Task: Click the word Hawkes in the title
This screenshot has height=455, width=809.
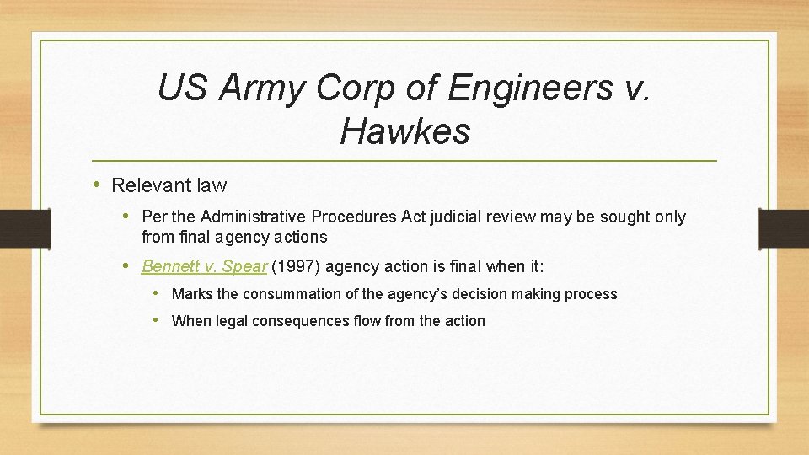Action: coord(404,131)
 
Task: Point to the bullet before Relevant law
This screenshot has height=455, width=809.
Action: coord(98,184)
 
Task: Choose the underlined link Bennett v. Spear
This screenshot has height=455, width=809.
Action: coord(204,267)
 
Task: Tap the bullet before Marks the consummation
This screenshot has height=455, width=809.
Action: coord(158,293)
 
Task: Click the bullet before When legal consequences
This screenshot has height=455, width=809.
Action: coord(158,320)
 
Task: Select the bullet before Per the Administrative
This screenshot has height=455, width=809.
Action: coord(128,216)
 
